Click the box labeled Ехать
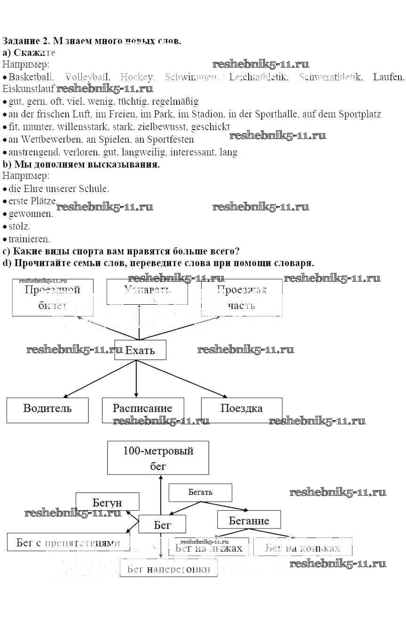coord(140,350)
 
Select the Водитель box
coord(47,410)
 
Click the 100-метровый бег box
coord(158,458)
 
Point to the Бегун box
coord(107,502)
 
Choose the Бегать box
coord(200,492)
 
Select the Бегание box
coord(249,520)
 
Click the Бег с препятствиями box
coord(68,543)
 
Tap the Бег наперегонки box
coord(168,569)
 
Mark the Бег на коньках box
coord(303,547)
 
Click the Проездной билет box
coord(52,297)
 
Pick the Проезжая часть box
coord(242,297)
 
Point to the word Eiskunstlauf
coord(28,88)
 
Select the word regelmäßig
coord(175,101)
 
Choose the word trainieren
coord(29,239)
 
